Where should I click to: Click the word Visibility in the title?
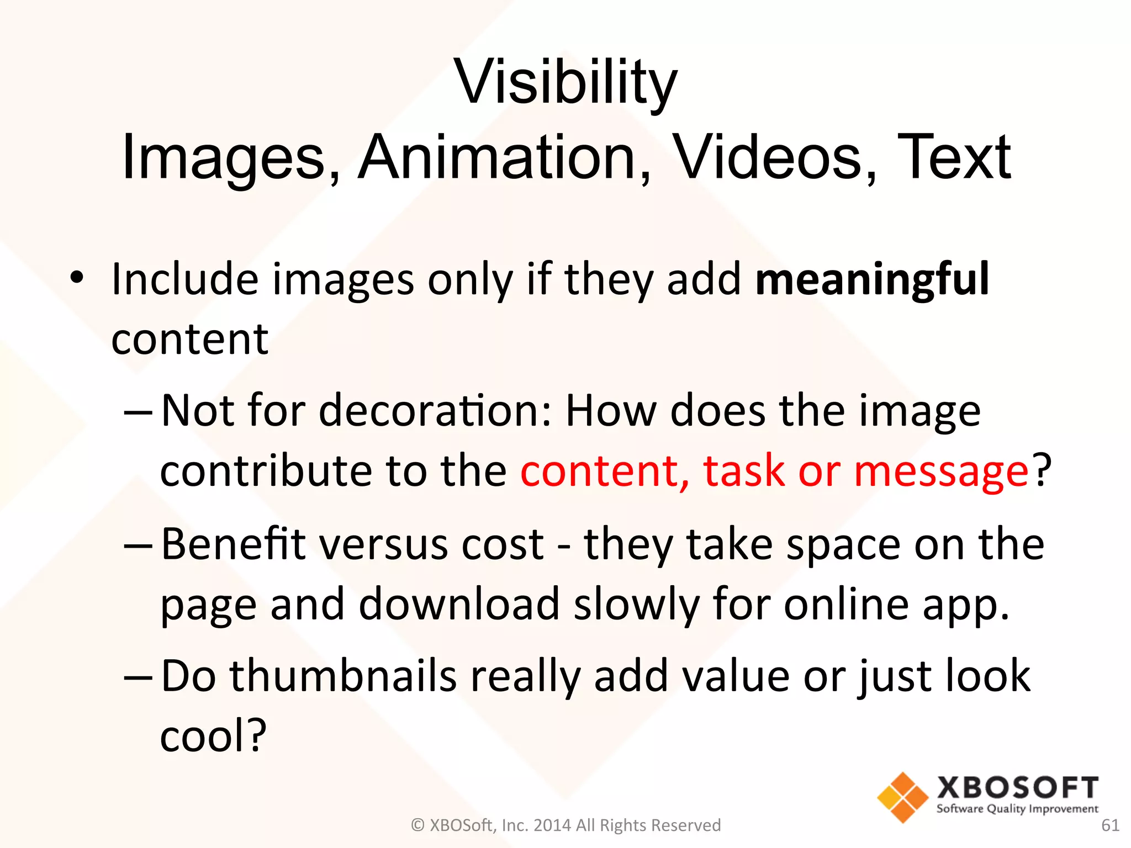[565, 83]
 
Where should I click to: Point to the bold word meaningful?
[872, 280]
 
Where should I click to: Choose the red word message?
[941, 471]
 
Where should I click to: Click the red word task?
[744, 471]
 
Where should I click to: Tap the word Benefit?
[233, 544]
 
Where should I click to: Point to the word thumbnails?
[343, 676]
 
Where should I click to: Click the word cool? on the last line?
[213, 736]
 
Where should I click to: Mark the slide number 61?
[1110, 825]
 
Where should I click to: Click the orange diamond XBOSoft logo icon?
[902, 797]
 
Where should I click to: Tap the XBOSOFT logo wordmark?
[1017, 788]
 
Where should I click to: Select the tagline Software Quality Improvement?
[1017, 809]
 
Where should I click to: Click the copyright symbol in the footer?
[417, 825]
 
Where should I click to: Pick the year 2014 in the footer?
[553, 825]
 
